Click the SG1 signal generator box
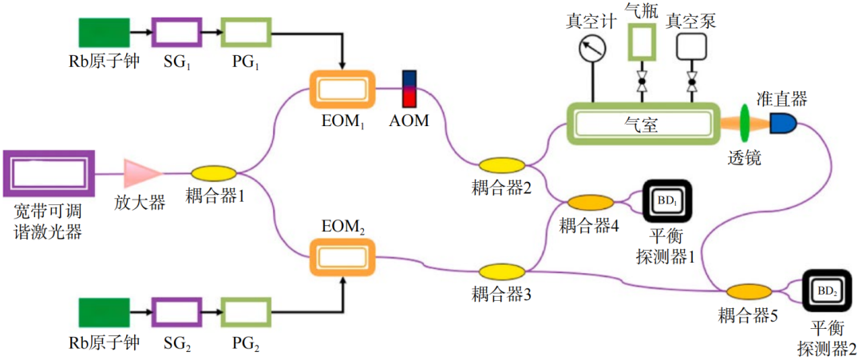176,32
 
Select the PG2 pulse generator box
246,314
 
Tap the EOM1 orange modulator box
342,89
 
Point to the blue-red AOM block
409,89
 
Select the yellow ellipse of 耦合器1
213,173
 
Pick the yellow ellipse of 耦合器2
502,165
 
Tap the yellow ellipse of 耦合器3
502,272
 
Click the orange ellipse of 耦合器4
589,203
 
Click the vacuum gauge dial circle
591,49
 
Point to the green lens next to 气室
748,124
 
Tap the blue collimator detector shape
784,123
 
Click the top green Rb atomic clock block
104,32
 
